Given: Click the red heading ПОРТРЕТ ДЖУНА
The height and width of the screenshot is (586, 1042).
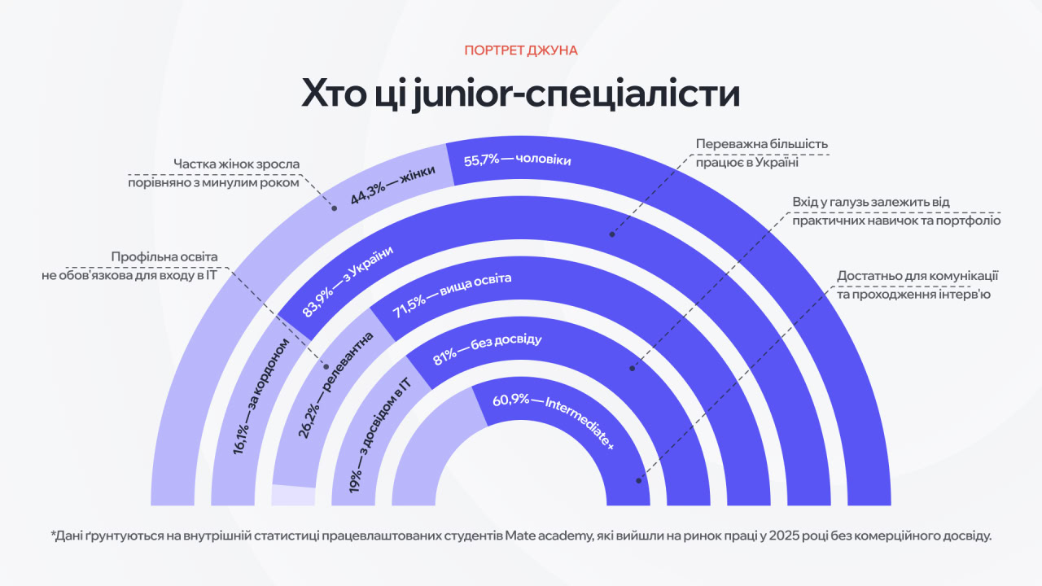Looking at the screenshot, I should tap(521, 50).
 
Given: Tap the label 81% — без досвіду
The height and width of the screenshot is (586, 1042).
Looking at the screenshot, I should tap(487, 348).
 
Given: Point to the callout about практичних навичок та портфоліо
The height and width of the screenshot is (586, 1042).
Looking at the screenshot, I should tap(895, 211).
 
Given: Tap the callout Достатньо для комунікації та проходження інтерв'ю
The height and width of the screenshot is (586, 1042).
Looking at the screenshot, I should tap(917, 285).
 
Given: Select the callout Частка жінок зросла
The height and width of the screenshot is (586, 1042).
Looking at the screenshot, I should tap(214, 173).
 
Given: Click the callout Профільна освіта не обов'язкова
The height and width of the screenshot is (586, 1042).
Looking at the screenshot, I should tap(130, 266).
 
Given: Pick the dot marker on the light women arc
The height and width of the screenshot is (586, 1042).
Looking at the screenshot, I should tap(334, 208).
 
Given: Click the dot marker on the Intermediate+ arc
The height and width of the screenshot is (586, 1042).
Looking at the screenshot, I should tap(639, 480).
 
